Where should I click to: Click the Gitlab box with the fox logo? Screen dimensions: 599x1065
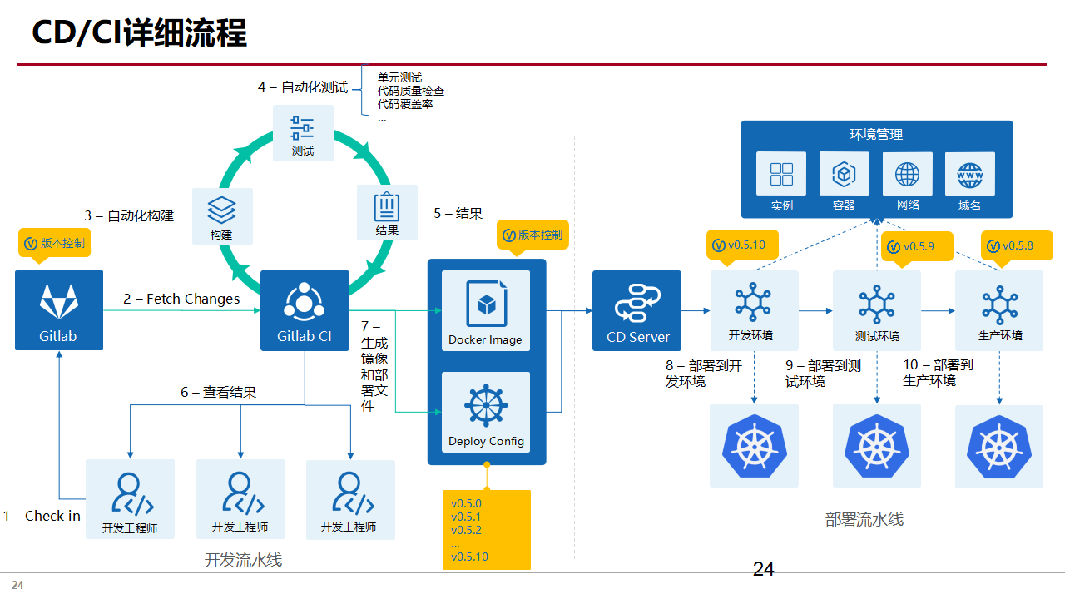59,309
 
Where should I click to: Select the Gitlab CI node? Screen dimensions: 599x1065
304,309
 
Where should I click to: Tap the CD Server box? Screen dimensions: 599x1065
637,309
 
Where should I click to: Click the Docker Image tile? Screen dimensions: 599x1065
486,310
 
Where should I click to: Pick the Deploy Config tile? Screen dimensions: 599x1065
486,413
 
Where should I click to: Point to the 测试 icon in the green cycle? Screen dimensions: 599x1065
303,133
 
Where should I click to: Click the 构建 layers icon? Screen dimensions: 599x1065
222,215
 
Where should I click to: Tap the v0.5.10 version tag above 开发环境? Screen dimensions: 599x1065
741,245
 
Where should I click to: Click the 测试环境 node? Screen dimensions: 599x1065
877,309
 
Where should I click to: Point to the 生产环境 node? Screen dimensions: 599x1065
999,309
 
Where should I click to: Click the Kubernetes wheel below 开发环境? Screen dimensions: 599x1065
754,446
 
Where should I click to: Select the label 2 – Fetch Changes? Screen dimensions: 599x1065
181,299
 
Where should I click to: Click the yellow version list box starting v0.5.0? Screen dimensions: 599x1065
486,530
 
